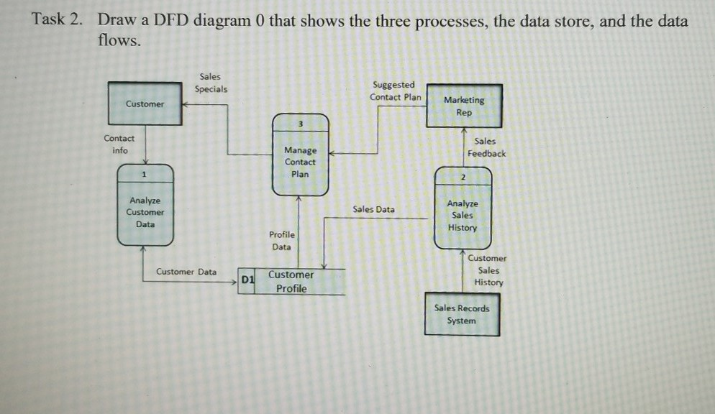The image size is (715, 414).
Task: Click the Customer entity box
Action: tap(145, 104)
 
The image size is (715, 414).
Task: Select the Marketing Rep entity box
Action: tap(464, 106)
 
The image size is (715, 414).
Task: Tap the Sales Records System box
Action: tap(462, 314)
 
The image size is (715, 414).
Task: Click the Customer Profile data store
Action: tap(291, 282)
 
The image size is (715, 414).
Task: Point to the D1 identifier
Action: tap(247, 279)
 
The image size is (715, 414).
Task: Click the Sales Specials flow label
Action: tap(211, 83)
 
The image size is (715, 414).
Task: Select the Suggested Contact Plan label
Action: tap(395, 91)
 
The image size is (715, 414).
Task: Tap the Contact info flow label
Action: tap(119, 144)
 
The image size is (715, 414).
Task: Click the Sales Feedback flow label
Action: tap(486, 147)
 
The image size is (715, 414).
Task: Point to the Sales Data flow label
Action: tap(373, 209)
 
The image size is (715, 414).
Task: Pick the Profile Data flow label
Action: tap(281, 241)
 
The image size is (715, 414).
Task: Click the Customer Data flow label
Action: tap(186, 272)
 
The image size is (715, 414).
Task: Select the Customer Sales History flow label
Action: tap(487, 270)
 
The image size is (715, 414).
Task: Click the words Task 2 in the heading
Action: tap(56, 20)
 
